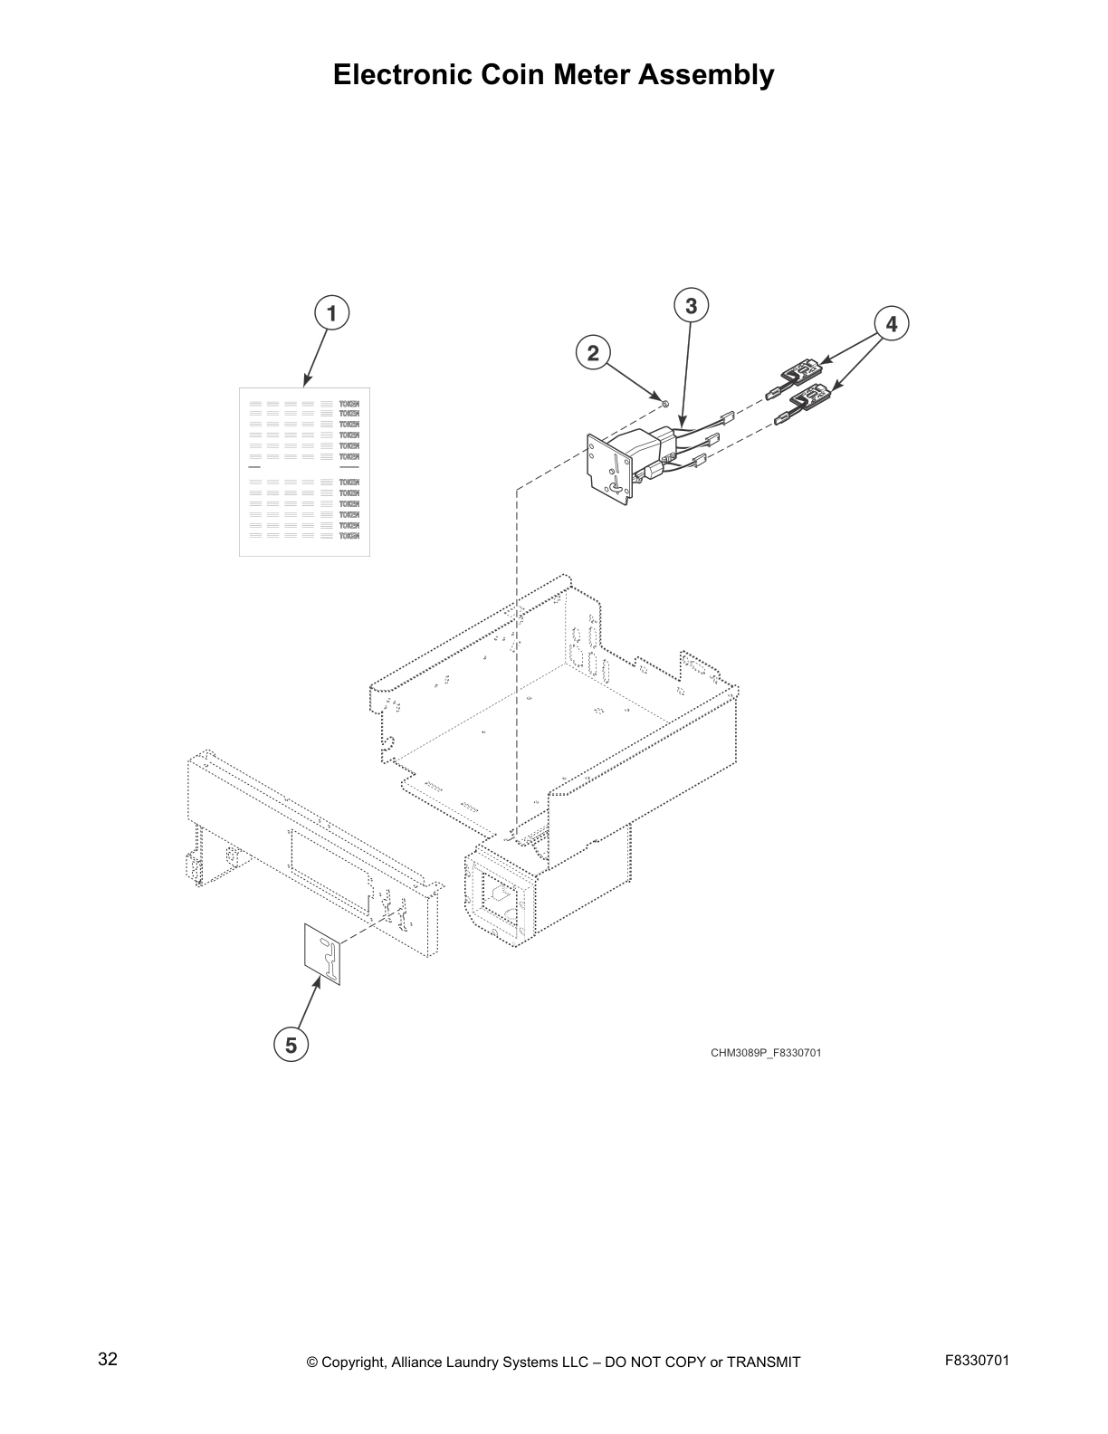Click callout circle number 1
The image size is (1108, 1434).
point(331,314)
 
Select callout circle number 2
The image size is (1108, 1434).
point(593,352)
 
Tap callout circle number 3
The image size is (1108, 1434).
point(691,306)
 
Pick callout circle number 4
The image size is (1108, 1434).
point(891,323)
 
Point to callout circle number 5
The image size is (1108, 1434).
point(291,1045)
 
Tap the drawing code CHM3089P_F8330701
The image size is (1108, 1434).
point(766,1053)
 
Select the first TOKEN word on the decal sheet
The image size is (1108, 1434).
point(349,403)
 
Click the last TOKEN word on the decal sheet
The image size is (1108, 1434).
point(349,536)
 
